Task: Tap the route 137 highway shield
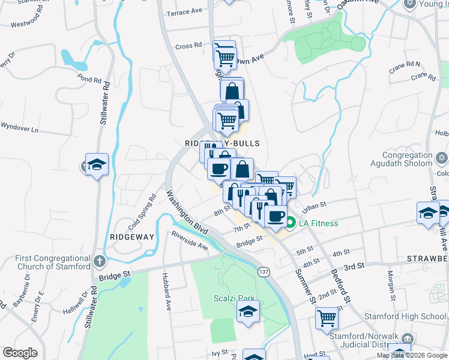click(264, 272)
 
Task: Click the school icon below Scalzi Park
click(247, 312)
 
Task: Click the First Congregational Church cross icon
click(100, 262)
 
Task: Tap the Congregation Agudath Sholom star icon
click(441, 158)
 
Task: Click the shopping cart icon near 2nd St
click(327, 317)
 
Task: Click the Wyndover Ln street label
click(19, 128)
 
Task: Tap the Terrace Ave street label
click(185, 12)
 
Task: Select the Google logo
click(20, 353)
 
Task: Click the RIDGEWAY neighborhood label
click(132, 237)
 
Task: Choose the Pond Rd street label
click(89, 79)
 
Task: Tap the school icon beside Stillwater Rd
click(96, 164)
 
